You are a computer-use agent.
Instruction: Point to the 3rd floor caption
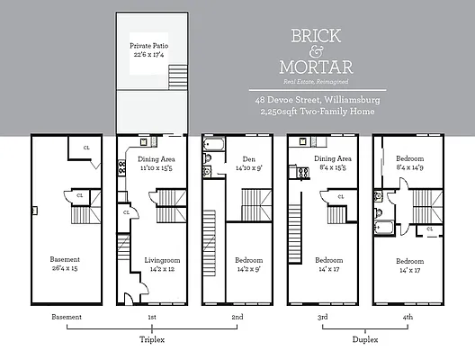[321, 318]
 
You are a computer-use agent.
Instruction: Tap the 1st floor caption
[151, 318]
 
